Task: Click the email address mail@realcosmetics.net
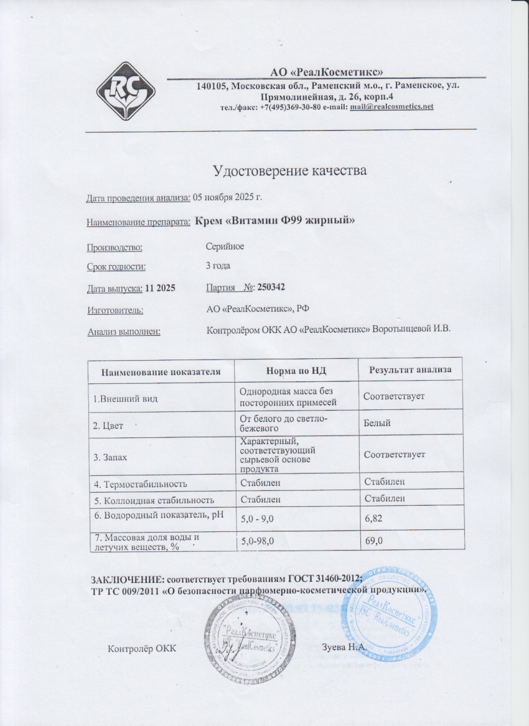[391, 107]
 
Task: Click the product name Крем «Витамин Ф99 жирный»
[275, 220]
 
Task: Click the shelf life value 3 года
[218, 266]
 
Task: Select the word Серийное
[225, 246]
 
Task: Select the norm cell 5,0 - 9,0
[258, 518]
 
